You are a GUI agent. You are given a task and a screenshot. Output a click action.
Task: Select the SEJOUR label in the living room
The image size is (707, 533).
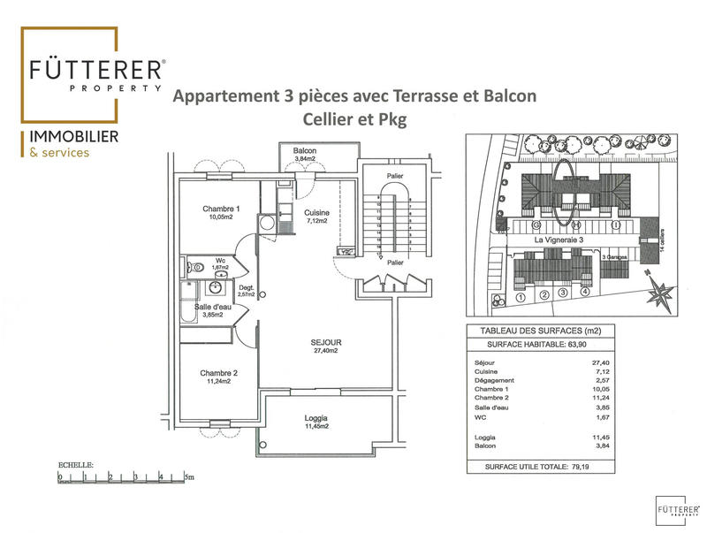point(326,342)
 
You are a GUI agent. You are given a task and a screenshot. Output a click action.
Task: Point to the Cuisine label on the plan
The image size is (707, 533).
point(316,213)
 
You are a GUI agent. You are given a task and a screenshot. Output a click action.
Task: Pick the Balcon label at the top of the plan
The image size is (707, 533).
point(305,151)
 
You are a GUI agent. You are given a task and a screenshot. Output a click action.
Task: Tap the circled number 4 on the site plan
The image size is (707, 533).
point(584,293)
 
